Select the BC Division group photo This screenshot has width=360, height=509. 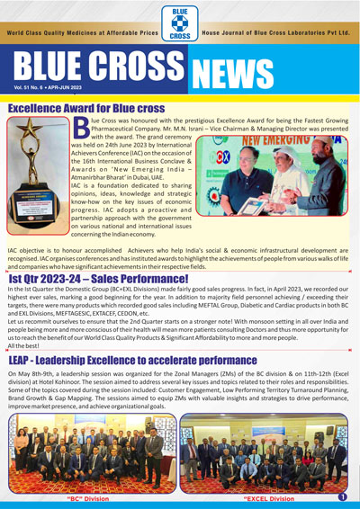[90, 454]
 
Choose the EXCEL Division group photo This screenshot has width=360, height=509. [265, 454]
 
